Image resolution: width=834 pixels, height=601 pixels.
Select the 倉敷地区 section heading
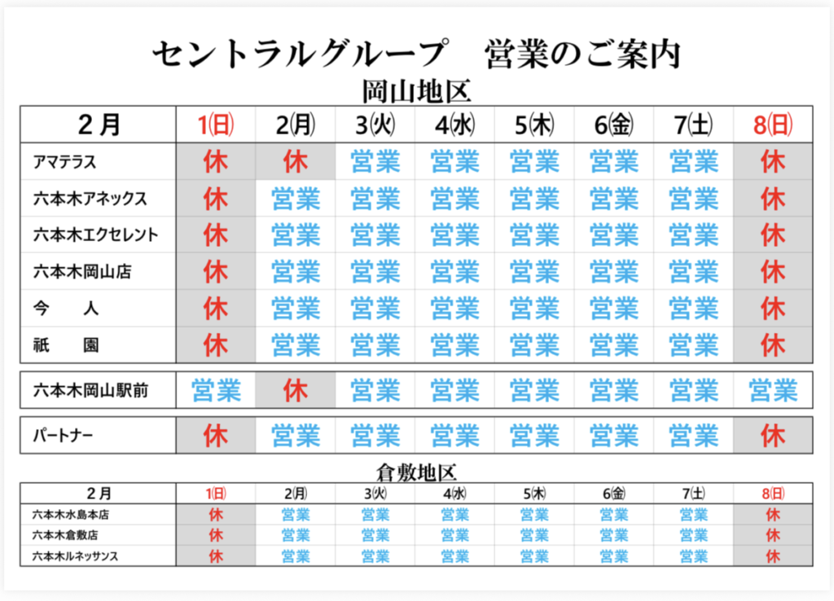[x=416, y=471]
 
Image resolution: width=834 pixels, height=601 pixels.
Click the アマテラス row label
[x=65, y=162]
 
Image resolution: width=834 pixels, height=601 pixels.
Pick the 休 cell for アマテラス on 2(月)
[x=296, y=162]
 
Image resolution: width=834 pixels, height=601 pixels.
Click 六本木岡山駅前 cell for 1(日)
[x=216, y=391]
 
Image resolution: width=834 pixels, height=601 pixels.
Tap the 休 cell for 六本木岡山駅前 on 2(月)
[x=296, y=391]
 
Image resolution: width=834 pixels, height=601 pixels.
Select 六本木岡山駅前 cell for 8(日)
[x=773, y=391]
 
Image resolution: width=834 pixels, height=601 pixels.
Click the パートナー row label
[x=63, y=436]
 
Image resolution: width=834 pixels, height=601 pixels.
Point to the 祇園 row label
[x=66, y=345]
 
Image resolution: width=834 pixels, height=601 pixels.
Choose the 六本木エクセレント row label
[x=95, y=235]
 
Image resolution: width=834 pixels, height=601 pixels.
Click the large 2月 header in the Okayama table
[x=99, y=125]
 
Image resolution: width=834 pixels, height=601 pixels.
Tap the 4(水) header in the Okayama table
[x=454, y=125]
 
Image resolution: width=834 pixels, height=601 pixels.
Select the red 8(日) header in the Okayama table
[x=773, y=125]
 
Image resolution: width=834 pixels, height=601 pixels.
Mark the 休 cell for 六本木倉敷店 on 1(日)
[x=216, y=535]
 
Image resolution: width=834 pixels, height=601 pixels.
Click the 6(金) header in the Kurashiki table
[x=614, y=494]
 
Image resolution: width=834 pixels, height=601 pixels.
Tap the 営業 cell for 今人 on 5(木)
[x=534, y=309]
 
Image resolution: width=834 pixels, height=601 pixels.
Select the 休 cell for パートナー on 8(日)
[x=773, y=436]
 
